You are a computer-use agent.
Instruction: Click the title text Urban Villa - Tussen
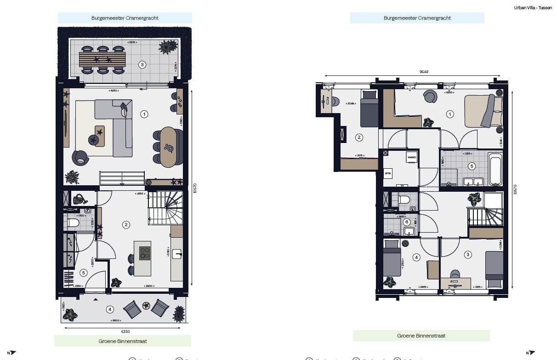pos(533,7)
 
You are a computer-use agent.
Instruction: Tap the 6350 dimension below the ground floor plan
pos(125,331)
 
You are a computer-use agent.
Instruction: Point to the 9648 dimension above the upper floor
pos(412,72)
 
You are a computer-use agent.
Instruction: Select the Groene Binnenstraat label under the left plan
pos(123,341)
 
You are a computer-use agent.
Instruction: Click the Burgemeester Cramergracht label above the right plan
pos(417,18)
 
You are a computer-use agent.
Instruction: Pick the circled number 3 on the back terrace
pos(142,65)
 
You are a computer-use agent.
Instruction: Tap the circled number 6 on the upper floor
pos(406,222)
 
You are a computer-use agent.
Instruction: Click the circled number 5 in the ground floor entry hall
pos(83,272)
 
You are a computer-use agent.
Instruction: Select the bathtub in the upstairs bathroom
pos(495,171)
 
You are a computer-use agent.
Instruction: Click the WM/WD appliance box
pos(411,158)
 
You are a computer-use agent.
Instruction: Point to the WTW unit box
pos(388,174)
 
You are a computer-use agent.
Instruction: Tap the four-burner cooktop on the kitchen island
pos(145,253)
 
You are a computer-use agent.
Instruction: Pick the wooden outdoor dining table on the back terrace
pos(102,59)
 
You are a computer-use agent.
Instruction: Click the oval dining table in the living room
pos(168,147)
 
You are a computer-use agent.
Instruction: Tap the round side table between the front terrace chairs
pos(147,305)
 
